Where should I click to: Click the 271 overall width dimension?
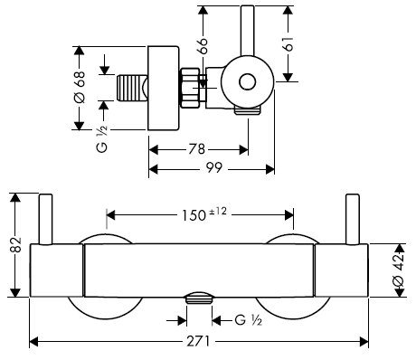[198, 342]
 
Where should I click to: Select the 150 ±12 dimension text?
[203, 214]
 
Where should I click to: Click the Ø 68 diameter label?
[80, 88]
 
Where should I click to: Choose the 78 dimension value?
[196, 149]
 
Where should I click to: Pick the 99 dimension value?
[213, 167]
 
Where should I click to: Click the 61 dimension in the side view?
[288, 44]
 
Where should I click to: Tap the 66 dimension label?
[203, 46]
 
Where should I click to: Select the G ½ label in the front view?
[248, 320]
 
